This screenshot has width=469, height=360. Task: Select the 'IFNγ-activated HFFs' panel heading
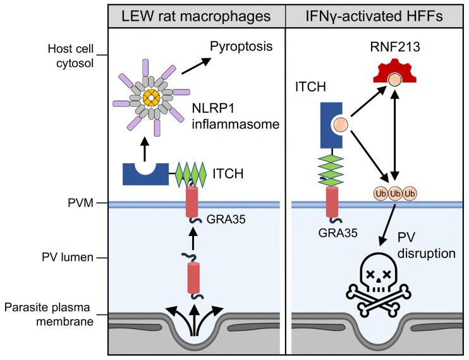click(377, 13)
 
